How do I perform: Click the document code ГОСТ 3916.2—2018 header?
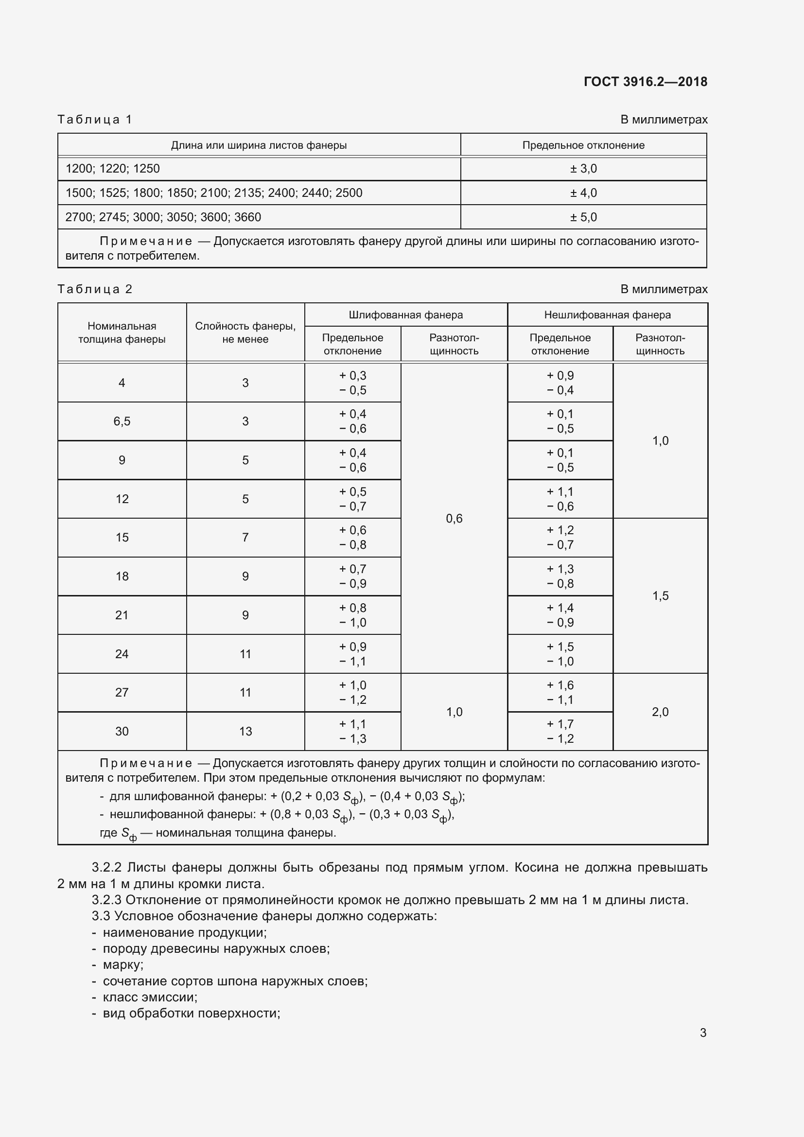click(x=645, y=82)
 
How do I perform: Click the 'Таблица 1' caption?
click(x=95, y=120)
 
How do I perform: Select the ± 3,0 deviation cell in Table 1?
click(x=583, y=168)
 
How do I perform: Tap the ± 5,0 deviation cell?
click(x=583, y=217)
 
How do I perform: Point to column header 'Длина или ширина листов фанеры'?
click(x=259, y=145)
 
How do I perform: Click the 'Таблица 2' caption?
click(x=95, y=289)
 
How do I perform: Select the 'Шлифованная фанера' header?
click(x=405, y=315)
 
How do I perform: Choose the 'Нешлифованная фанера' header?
click(x=607, y=315)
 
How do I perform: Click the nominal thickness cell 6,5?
click(x=122, y=421)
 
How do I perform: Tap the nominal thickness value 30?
click(x=122, y=731)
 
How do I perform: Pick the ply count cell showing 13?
click(x=245, y=731)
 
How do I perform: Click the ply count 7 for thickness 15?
click(x=245, y=537)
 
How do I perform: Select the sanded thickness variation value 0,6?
click(x=454, y=518)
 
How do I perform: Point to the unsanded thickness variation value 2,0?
click(x=660, y=712)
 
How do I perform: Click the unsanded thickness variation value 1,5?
click(x=660, y=595)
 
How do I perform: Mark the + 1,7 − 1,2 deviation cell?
click(x=560, y=731)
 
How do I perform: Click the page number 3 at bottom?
click(x=702, y=1032)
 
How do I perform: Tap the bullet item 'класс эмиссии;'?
click(x=150, y=997)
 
